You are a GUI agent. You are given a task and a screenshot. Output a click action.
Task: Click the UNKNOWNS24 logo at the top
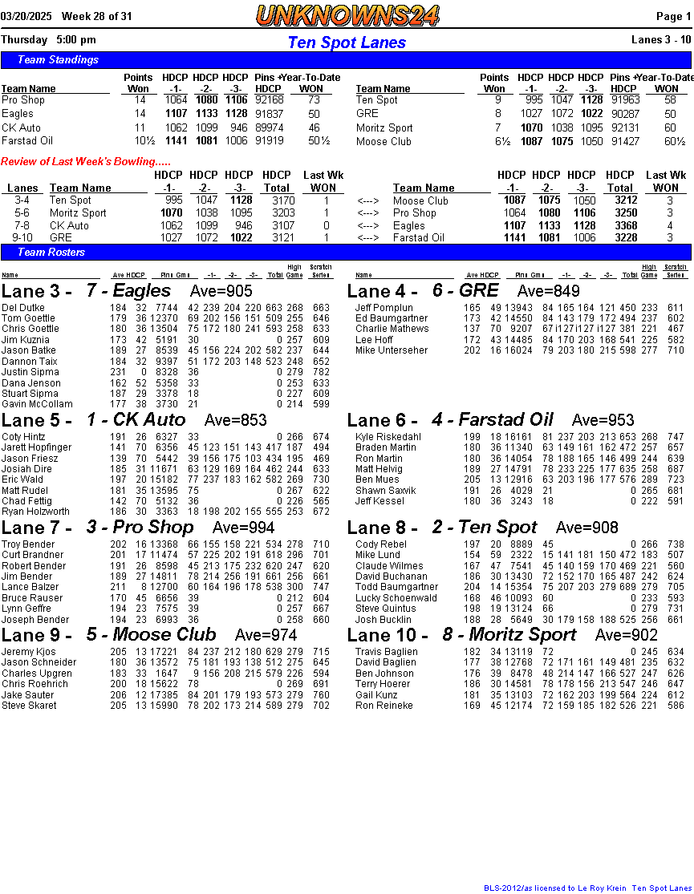pos(347,15)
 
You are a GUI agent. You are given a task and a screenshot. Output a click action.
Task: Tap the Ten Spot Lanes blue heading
pos(347,42)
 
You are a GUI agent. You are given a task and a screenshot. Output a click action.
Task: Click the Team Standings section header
pos(58,60)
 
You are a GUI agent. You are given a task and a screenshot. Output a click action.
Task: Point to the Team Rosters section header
pos(51,253)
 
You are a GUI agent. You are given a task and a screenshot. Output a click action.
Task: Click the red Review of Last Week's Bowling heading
pos(85,162)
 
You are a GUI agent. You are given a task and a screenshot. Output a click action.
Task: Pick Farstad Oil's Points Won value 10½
pos(139,141)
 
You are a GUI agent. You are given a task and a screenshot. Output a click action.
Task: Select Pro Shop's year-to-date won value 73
pos(314,100)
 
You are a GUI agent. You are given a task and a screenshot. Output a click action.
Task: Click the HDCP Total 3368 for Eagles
pos(620,225)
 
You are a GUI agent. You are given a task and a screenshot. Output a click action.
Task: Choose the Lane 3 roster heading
pos(36,292)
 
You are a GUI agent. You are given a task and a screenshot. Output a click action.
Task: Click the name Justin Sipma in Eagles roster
pos(30,372)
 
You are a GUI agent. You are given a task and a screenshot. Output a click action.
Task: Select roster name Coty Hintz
pos(23,437)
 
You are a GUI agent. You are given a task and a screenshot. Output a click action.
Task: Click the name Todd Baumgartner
pos(391,587)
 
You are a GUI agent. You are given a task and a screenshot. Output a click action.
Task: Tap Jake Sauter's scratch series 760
pos(321,695)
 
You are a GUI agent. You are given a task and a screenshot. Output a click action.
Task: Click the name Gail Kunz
pos(376,695)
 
